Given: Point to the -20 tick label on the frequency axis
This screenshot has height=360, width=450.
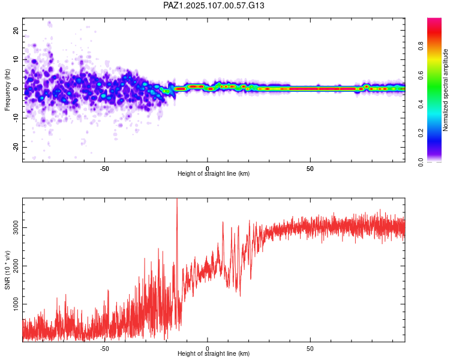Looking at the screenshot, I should pos(15,147).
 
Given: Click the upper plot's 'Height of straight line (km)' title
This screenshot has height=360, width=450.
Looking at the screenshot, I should pos(214,174).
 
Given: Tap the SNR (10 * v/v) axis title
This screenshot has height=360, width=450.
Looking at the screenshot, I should pos(7,270).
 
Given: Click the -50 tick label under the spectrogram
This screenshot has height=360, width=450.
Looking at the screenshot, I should pos(104,168).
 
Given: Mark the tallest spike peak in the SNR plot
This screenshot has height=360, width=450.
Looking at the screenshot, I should pos(176,200).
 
